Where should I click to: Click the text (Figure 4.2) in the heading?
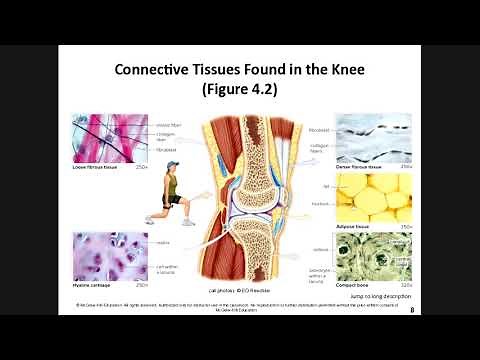pos(240,90)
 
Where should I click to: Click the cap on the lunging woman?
pos(172,165)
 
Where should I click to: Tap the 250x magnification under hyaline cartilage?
pos(142,285)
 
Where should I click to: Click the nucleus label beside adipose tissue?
pos(319,203)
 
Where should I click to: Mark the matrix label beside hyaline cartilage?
pos(163,243)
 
